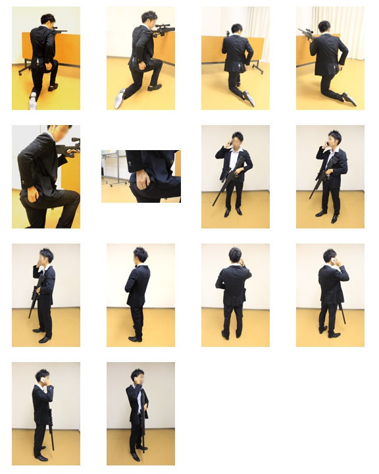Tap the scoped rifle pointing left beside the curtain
tap(305, 32)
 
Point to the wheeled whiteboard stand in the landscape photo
tap(112, 169)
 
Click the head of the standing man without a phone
tap(139, 255)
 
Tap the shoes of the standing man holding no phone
tap(135, 338)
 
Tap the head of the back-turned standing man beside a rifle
tap(330, 257)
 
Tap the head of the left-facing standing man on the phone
tap(45, 257)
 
